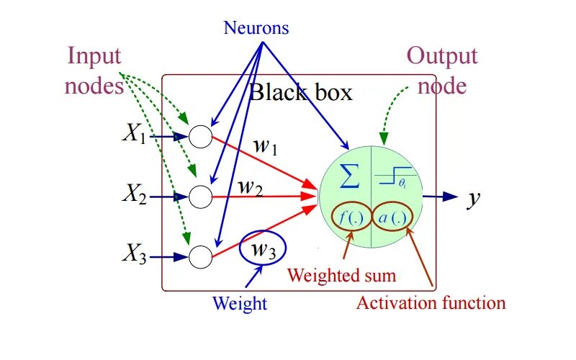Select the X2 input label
[134, 194]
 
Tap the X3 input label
[134, 254]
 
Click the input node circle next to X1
[200, 135]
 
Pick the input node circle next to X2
[200, 194]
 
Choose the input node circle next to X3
[200, 255]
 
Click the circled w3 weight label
[263, 249]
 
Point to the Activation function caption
[431, 302]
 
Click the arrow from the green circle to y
[440, 196]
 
